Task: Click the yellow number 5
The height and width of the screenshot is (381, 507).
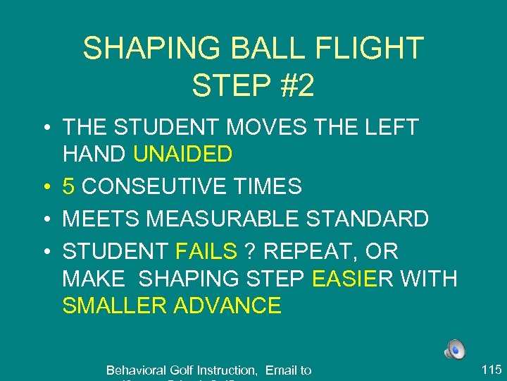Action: click(69, 186)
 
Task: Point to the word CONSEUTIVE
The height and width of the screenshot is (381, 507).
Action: click(147, 186)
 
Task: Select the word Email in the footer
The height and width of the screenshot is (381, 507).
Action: click(280, 370)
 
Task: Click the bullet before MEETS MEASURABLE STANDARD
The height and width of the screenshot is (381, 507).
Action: click(46, 219)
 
